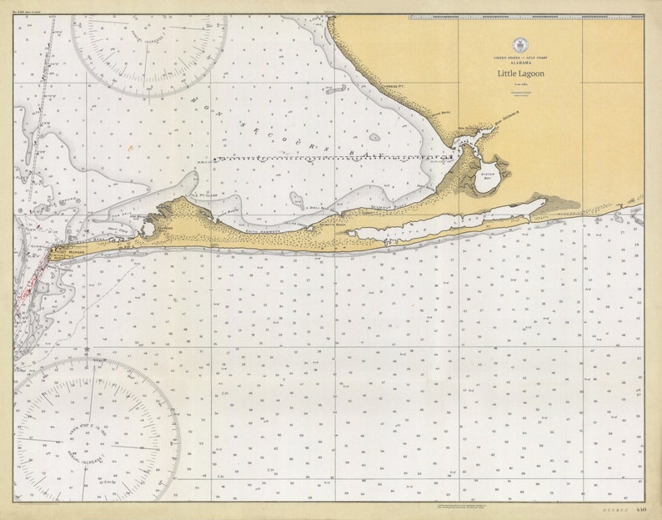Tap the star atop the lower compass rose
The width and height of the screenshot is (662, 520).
[x=87, y=348]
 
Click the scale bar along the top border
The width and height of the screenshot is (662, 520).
[x=525, y=17]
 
